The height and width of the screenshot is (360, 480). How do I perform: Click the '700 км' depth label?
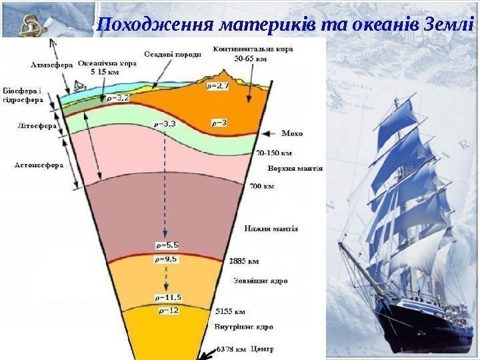coord(261,187)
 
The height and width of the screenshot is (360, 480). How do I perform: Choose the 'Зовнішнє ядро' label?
coord(260,281)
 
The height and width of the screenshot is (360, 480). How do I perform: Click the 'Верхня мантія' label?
coord(295,169)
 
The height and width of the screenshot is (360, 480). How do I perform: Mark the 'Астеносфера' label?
coord(39,164)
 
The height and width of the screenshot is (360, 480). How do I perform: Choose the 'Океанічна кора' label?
coord(108,64)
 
